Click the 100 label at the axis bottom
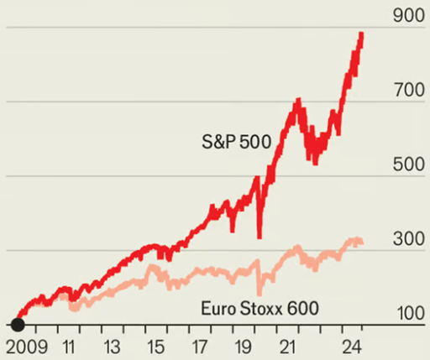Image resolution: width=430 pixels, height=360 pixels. point(407,313)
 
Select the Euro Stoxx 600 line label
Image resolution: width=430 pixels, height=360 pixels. point(260,308)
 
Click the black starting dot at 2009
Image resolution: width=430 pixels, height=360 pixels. point(17,324)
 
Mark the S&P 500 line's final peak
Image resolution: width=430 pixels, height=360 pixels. point(361,34)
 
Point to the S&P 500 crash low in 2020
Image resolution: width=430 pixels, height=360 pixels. point(260,236)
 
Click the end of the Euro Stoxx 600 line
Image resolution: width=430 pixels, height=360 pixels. point(362,243)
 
